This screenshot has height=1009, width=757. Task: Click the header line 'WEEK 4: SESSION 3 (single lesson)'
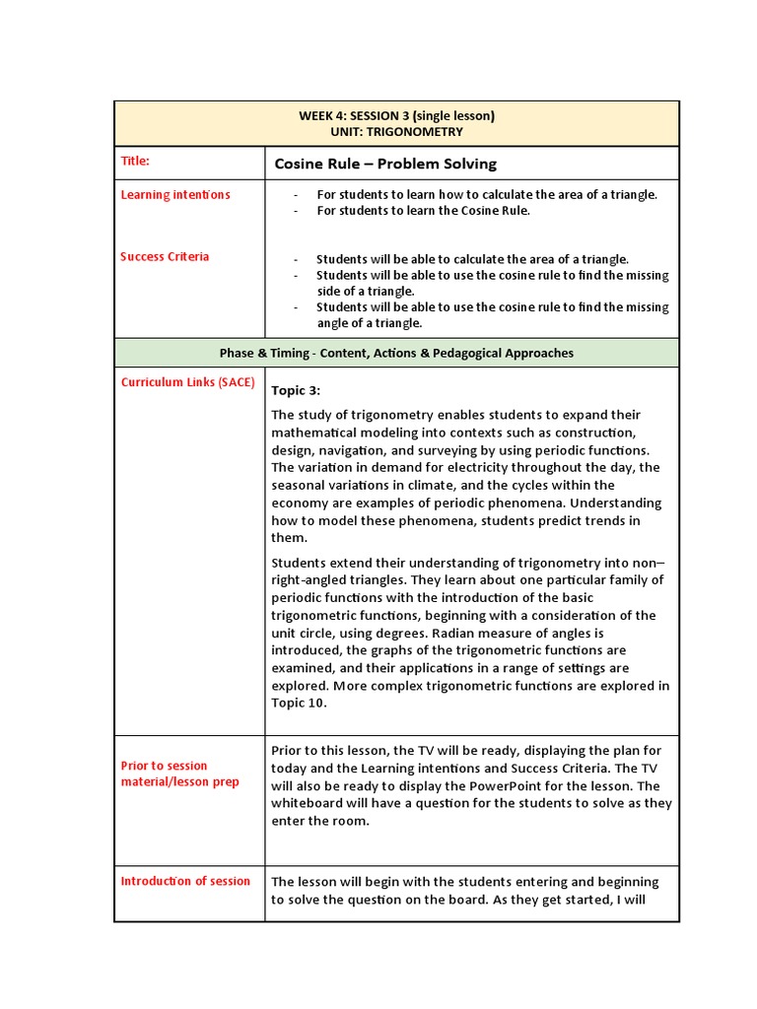[x=396, y=115]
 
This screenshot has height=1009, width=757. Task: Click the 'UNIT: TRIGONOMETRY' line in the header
[x=396, y=131]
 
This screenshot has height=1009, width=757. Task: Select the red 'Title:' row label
[x=135, y=161]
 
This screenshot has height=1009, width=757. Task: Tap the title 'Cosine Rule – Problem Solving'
[x=384, y=164]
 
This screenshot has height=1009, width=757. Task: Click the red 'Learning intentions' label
[x=175, y=194]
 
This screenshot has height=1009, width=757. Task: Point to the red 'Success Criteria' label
[x=165, y=256]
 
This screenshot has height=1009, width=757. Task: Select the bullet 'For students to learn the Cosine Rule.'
[x=423, y=210]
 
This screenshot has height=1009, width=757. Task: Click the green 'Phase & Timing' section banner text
[x=396, y=353]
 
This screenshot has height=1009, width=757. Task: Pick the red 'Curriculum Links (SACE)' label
[x=187, y=382]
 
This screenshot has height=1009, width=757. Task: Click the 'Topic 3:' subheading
[x=296, y=390]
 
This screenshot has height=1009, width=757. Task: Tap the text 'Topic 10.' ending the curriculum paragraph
[x=300, y=704]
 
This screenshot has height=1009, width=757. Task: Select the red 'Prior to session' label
[x=164, y=766]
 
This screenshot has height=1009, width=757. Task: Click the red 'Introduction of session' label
[x=185, y=881]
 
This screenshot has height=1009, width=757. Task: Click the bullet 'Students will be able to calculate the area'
[x=472, y=259]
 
